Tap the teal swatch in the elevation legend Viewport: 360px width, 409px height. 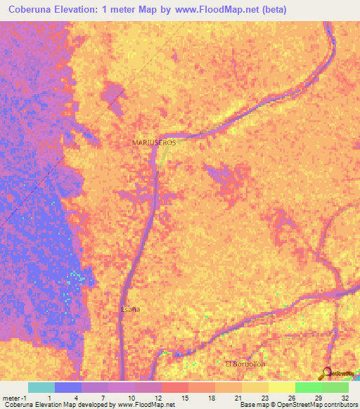(x=41, y=387)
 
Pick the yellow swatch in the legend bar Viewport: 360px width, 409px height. (x=282, y=387)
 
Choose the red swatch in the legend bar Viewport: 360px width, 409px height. (x=175, y=387)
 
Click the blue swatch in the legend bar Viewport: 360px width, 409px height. (x=68, y=387)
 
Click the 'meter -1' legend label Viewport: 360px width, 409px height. (x=13, y=397)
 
